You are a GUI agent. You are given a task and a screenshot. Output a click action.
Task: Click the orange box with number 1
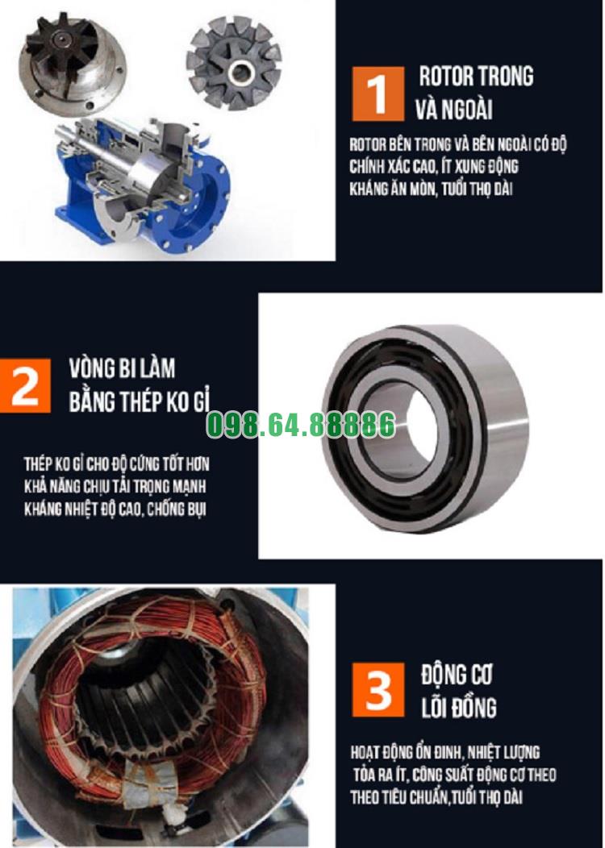[x=378, y=94]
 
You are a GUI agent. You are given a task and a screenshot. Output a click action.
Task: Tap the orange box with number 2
[x=25, y=385]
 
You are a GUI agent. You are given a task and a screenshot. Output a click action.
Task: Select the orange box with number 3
[x=378, y=689]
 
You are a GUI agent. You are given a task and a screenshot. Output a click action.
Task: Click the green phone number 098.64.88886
[x=302, y=425]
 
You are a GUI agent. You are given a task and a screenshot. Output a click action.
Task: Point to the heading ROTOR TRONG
[x=476, y=77]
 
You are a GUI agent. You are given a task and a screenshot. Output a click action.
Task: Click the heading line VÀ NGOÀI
[x=454, y=110]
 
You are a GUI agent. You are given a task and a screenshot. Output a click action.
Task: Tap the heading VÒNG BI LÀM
[x=123, y=368]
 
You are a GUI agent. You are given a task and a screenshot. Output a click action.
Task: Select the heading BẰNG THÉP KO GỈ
[x=140, y=401]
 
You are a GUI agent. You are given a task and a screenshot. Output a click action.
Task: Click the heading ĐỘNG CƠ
[x=457, y=675]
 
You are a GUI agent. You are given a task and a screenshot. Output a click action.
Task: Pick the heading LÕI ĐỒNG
[x=459, y=707]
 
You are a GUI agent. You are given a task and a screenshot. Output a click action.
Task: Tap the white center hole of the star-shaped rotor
[x=240, y=72]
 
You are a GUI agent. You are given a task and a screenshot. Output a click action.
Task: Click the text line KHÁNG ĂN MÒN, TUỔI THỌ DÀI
[x=432, y=189]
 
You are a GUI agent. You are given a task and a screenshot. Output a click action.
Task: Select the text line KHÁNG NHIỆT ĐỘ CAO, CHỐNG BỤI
[x=115, y=509]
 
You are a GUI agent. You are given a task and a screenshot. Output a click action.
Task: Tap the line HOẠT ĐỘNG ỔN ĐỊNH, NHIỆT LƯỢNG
[x=444, y=752]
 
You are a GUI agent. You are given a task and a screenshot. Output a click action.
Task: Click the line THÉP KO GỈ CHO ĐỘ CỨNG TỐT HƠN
[x=116, y=464]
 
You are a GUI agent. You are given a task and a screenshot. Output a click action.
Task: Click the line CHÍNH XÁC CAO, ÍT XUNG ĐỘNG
[x=433, y=166]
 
